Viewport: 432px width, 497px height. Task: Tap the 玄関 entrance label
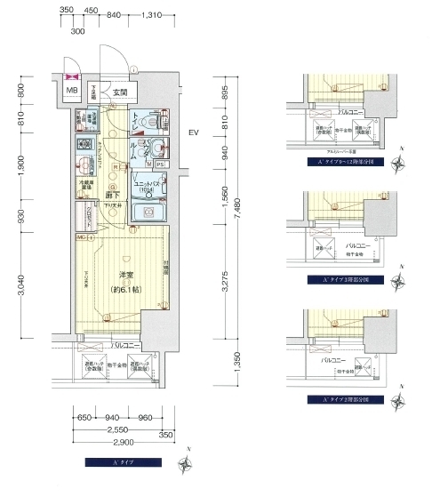point(120,92)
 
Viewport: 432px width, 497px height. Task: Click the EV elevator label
point(192,134)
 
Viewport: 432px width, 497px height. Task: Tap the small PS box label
point(159,164)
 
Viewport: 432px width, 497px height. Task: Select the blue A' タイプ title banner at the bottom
point(122,461)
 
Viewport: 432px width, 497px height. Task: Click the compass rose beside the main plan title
point(184,463)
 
